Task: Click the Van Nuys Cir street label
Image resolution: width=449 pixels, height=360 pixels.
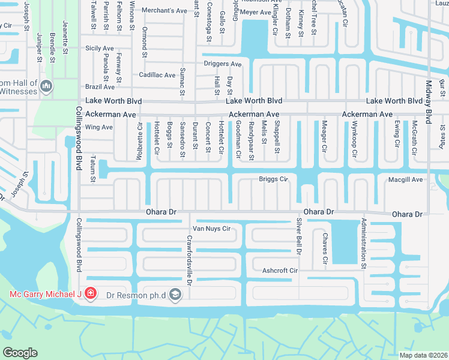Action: click(x=211, y=229)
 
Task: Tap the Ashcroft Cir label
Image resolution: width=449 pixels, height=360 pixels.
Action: click(x=280, y=271)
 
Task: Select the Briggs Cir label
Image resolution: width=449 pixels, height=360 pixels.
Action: click(x=274, y=179)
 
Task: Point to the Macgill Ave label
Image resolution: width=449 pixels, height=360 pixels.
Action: click(x=405, y=179)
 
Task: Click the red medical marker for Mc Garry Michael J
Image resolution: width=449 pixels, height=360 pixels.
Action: click(x=90, y=294)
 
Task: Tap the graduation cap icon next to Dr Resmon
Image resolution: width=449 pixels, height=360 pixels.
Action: click(x=175, y=294)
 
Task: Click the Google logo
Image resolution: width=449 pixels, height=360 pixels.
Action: click(x=19, y=353)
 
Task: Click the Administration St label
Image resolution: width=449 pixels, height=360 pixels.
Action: click(x=364, y=243)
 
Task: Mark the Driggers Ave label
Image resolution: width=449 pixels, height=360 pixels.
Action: click(x=223, y=64)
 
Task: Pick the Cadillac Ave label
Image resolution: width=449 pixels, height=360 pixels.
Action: click(x=157, y=75)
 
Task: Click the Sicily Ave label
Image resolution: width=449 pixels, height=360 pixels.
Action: click(x=100, y=48)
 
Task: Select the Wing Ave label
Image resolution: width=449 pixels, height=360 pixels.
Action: click(x=99, y=127)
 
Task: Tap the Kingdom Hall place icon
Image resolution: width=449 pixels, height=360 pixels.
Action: click(x=46, y=88)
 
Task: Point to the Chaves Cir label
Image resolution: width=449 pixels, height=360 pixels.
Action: click(x=325, y=249)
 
